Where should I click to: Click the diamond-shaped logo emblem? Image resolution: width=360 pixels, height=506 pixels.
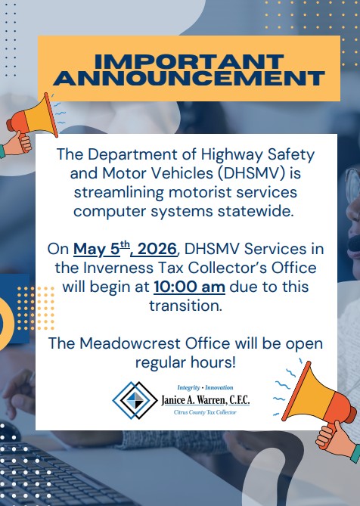click(x=135, y=399)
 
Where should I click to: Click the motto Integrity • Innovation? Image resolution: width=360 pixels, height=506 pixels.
click(x=205, y=386)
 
